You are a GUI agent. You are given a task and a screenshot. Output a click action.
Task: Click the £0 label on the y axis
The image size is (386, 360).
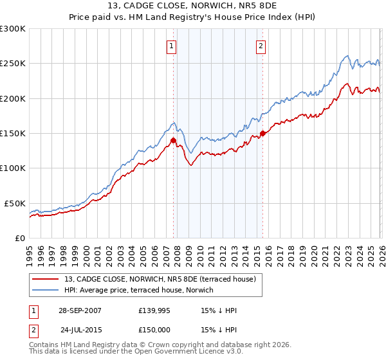[20, 238]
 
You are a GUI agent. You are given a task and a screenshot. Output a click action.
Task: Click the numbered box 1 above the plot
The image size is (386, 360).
[172, 46]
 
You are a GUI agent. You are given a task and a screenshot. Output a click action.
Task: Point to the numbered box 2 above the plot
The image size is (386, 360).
[261, 46]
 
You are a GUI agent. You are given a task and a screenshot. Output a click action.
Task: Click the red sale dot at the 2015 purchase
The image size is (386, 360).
[262, 134]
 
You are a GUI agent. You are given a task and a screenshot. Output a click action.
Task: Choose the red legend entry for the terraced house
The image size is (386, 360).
[160, 278]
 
